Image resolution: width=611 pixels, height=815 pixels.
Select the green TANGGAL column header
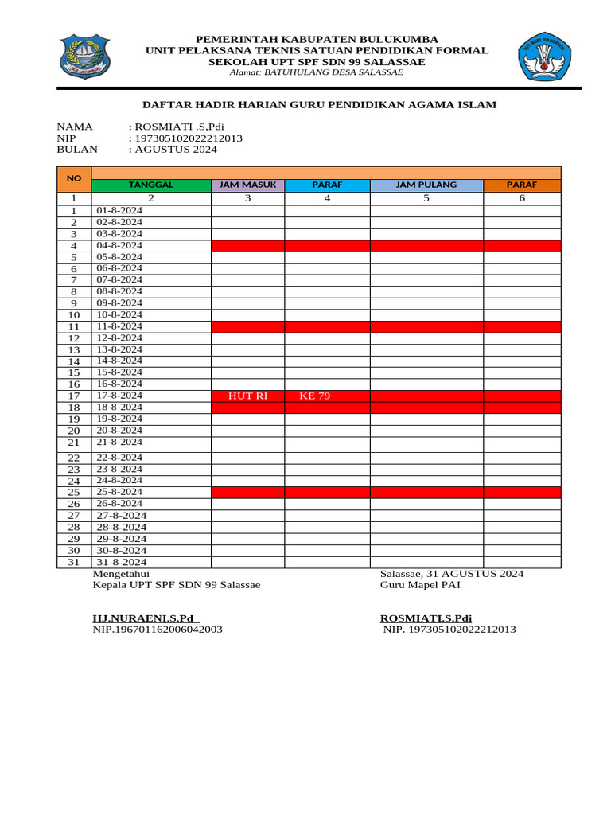point(151,185)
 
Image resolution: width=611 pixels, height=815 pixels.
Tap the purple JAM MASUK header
point(248,185)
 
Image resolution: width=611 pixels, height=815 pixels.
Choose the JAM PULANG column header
point(426,185)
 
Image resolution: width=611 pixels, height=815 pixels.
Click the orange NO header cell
point(74,179)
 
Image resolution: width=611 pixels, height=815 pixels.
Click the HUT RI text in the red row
point(247,396)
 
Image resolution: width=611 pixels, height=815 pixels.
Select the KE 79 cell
point(315,396)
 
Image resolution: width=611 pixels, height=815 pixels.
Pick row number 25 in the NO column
point(74,493)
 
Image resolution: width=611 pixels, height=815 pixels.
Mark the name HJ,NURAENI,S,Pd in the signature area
point(143,618)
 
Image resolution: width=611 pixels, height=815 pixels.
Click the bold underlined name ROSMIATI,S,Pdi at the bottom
point(426,618)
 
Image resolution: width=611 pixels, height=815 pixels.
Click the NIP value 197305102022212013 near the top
point(189,138)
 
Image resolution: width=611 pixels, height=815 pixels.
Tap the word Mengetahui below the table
point(121,573)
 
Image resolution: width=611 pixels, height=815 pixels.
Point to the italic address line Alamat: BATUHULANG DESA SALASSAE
point(316,72)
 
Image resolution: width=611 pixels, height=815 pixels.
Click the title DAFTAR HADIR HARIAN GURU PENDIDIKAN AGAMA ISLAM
point(319,104)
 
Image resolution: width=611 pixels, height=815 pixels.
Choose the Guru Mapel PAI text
point(420,585)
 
